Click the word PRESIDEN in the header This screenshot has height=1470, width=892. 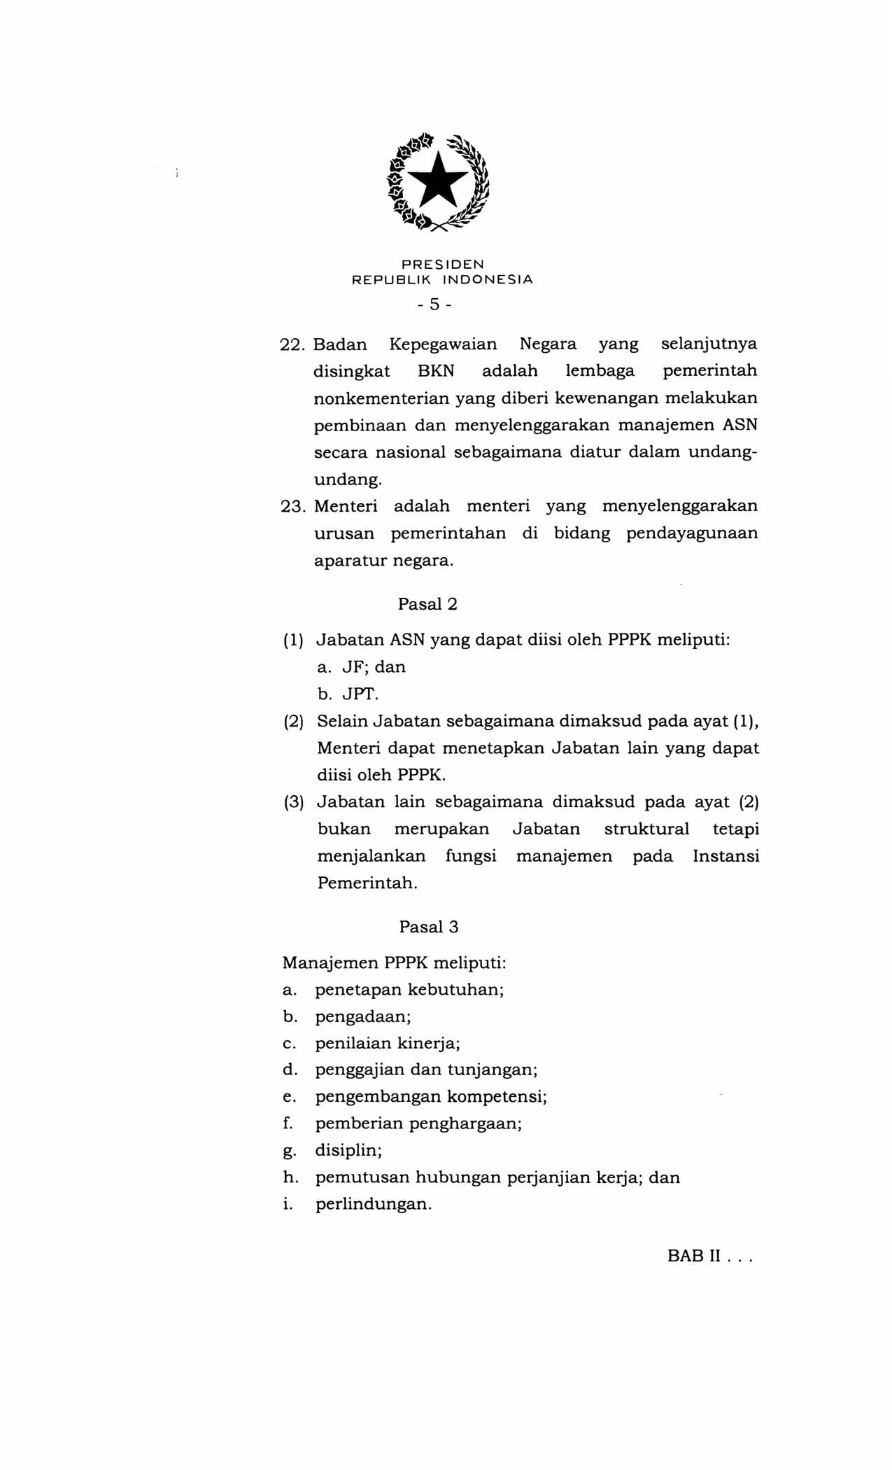click(x=442, y=265)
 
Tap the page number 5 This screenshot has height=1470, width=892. click(x=434, y=304)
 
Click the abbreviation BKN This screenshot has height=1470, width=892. click(x=436, y=371)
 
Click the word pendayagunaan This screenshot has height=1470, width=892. click(x=691, y=533)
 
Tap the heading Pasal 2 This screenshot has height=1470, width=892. click(x=427, y=604)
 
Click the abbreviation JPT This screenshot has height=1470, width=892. click(x=359, y=694)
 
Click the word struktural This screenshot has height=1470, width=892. click(x=646, y=829)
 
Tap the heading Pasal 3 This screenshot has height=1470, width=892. click(x=428, y=927)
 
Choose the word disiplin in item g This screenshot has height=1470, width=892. click(x=348, y=1150)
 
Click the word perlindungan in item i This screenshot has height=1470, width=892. click(x=372, y=1205)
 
